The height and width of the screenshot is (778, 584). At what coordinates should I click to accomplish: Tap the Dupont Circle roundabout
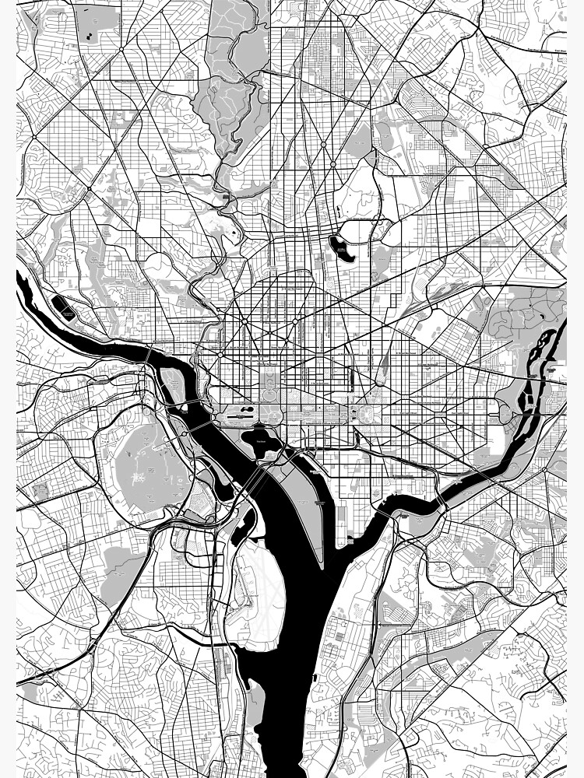[x=244, y=320]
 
